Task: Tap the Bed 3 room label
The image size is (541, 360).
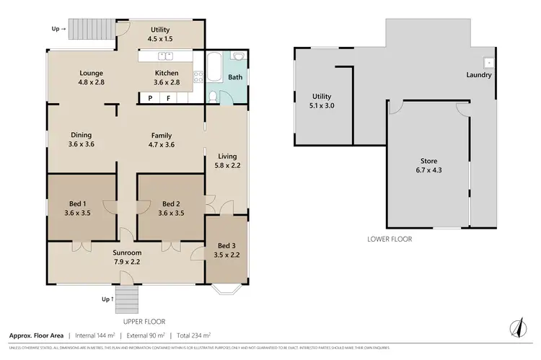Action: (x=226, y=245)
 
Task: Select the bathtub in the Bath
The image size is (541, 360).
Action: (x=214, y=69)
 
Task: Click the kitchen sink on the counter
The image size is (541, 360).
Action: (x=165, y=56)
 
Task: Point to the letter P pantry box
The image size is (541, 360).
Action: (x=150, y=97)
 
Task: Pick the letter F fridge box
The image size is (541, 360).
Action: (x=169, y=97)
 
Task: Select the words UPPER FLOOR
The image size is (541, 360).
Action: (x=145, y=321)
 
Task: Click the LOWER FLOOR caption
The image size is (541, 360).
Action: (x=390, y=239)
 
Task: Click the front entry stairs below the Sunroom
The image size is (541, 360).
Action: (x=128, y=295)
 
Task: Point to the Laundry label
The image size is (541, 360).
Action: (x=479, y=75)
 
